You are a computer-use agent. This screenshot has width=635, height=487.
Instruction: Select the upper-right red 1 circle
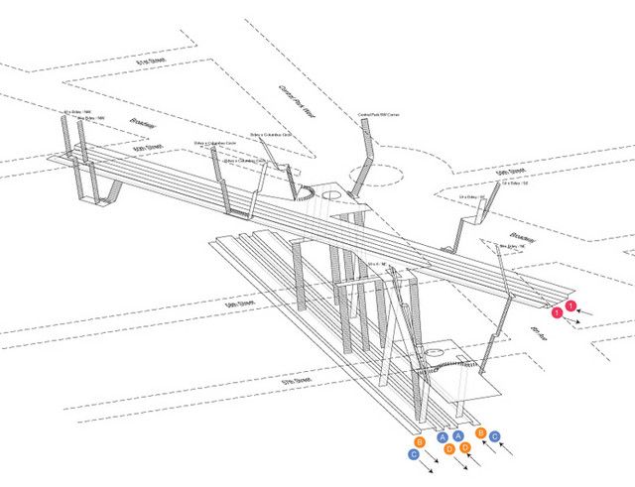pos(570,304)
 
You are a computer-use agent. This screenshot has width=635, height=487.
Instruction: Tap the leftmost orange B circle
pos(421,441)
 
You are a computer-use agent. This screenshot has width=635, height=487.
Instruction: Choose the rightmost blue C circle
pos(493,435)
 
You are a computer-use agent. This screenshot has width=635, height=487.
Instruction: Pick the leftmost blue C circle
pos(414,454)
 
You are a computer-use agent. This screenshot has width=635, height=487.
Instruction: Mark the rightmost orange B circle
pos(480,432)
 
